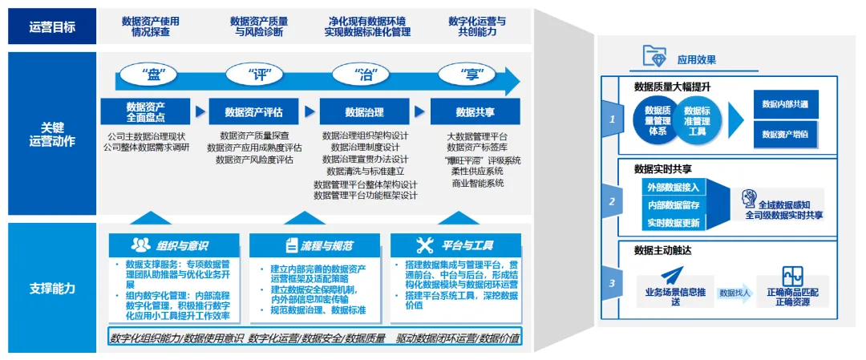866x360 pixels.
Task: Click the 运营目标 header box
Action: click(x=52, y=27)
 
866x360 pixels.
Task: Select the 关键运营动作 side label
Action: click(x=52, y=134)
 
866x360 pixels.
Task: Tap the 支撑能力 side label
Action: click(x=52, y=288)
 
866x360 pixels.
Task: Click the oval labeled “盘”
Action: click(x=152, y=76)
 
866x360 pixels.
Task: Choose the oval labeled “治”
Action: click(x=365, y=76)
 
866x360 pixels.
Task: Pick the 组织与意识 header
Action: click(x=174, y=245)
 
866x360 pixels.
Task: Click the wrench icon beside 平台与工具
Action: click(x=425, y=245)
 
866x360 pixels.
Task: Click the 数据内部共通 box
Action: click(x=785, y=104)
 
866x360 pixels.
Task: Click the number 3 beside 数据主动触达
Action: click(x=612, y=282)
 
